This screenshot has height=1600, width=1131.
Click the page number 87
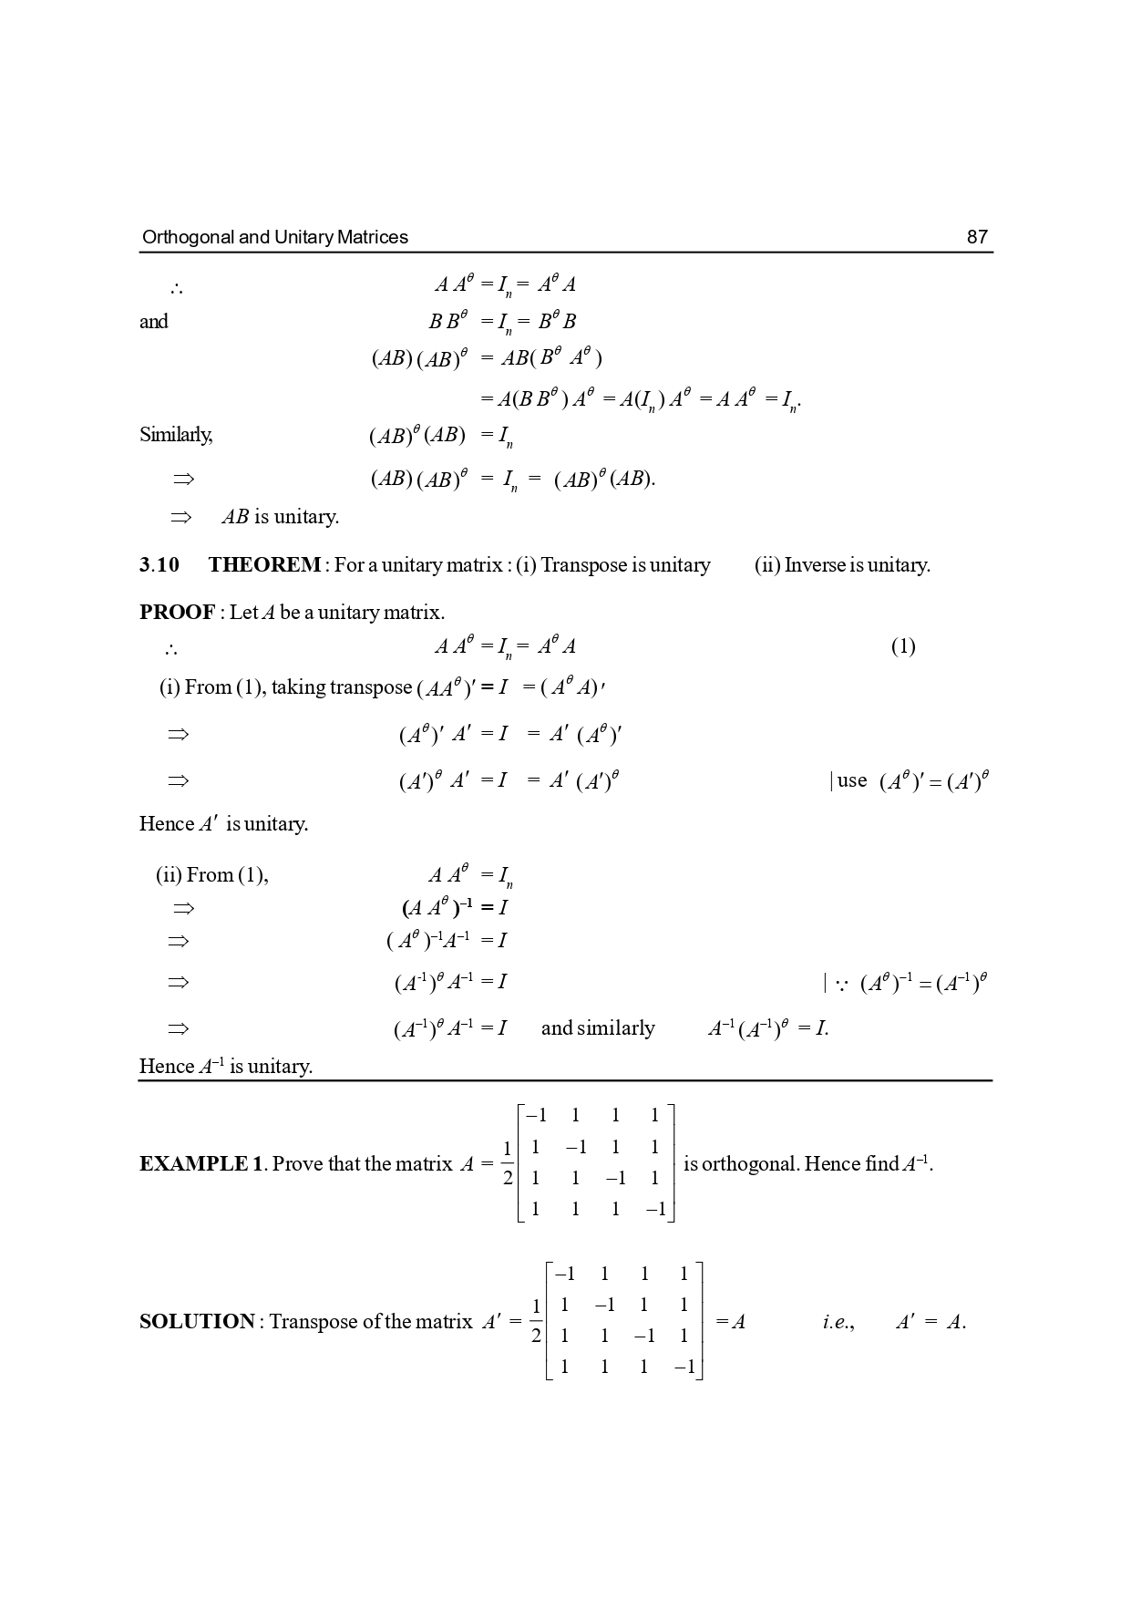click(976, 237)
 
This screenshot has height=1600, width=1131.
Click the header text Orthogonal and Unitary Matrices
click(274, 237)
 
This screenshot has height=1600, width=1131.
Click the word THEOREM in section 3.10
click(264, 565)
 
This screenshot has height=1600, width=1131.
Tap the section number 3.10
click(159, 565)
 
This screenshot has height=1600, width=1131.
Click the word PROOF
click(177, 613)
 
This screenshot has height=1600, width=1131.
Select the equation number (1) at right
click(902, 647)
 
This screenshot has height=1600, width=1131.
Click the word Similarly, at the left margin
click(176, 435)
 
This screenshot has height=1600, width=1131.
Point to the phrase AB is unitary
click(280, 517)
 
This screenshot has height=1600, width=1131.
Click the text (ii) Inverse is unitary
click(842, 565)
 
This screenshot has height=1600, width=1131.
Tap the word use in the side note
click(852, 780)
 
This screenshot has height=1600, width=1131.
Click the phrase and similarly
click(598, 1028)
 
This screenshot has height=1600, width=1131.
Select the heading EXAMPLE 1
click(200, 1164)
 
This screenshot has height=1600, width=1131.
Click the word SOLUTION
click(197, 1322)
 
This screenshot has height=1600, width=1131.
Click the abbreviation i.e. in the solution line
click(838, 1322)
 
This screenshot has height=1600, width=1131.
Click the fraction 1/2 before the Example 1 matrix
click(508, 1164)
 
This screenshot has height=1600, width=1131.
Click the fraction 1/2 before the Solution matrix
click(537, 1322)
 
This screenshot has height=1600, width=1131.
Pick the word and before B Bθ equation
click(153, 322)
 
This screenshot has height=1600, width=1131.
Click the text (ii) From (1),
click(212, 876)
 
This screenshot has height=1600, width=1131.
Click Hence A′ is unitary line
click(223, 824)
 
